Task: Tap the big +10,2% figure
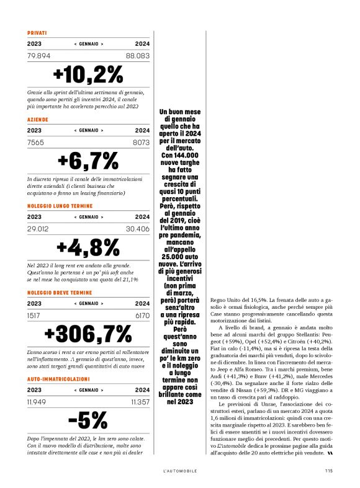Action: (89, 74)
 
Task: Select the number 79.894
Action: (39, 56)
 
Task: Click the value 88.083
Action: (138, 56)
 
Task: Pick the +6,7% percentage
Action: (89, 161)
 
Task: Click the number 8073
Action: (141, 142)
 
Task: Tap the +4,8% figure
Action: (89, 247)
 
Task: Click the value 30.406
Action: (138, 229)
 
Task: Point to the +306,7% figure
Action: (89, 334)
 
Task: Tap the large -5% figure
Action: (89, 420)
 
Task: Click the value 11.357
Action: (140, 402)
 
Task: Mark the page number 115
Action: (328, 471)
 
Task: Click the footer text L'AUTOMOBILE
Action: (180, 471)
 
